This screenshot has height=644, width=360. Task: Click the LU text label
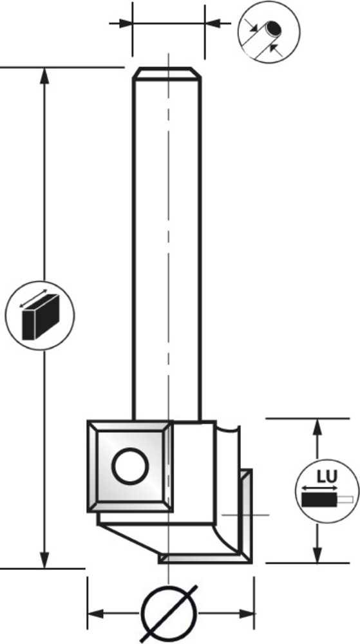[x=327, y=477]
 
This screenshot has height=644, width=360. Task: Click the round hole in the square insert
[x=130, y=466]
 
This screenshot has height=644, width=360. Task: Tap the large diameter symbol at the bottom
[x=169, y=614]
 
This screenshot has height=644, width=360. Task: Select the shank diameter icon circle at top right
[x=269, y=32]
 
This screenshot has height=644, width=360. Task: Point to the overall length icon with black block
[x=40, y=316]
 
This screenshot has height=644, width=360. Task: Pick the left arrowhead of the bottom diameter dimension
[x=95, y=614]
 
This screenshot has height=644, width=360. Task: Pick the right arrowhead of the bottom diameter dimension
[x=246, y=614]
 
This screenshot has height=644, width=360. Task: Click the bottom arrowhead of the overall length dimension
[x=44, y=560]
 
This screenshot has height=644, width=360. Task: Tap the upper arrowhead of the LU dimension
[x=317, y=427]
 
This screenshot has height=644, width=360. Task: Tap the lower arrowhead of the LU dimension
[x=317, y=554]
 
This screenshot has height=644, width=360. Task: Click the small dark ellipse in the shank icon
[x=273, y=28]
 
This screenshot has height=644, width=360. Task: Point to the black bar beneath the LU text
[x=319, y=500]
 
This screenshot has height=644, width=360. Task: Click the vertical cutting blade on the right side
[x=246, y=516]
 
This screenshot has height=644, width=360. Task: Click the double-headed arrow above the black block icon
[x=33, y=298]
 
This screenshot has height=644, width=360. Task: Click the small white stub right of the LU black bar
[x=345, y=500]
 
